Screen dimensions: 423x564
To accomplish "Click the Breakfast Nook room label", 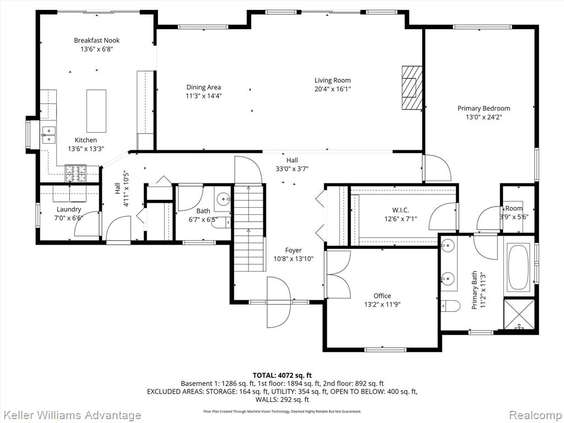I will pyautogui.click(x=97, y=40).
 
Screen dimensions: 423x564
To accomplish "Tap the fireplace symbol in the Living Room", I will pyautogui.click(x=410, y=88).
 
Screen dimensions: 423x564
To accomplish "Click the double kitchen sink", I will pyautogui.click(x=48, y=133).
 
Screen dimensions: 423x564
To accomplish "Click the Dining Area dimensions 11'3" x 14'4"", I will pyautogui.click(x=204, y=96).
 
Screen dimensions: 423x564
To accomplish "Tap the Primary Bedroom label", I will pyautogui.click(x=484, y=109).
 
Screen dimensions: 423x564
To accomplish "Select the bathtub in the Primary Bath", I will pyautogui.click(x=518, y=268).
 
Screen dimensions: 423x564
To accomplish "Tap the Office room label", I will pyautogui.click(x=382, y=296).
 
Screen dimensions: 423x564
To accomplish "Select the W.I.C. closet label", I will pyautogui.click(x=400, y=210).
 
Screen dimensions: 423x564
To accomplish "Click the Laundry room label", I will pyautogui.click(x=69, y=209).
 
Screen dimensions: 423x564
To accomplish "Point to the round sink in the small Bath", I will pyautogui.click(x=224, y=199).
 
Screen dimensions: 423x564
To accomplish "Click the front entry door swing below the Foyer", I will pyautogui.click(x=278, y=303).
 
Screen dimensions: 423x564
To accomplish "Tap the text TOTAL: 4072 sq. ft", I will pyautogui.click(x=282, y=375).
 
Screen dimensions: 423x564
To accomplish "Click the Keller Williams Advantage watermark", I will pyautogui.click(x=70, y=415).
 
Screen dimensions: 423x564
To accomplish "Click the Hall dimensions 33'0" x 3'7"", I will pyautogui.click(x=292, y=169).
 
